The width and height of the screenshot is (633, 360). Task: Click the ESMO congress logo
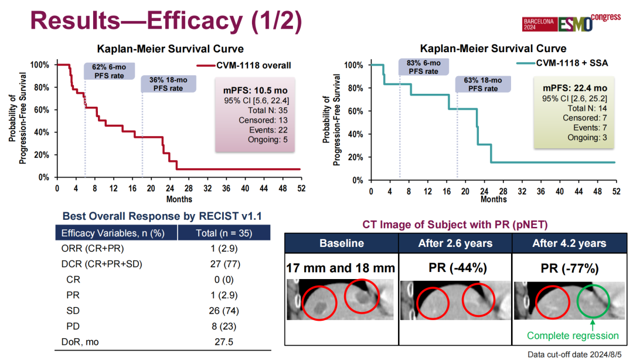(x=571, y=23)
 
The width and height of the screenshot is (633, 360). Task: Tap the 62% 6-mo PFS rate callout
(x=108, y=70)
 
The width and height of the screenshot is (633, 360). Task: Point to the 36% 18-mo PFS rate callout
(x=165, y=84)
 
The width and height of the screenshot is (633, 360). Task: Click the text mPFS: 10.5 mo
(x=254, y=91)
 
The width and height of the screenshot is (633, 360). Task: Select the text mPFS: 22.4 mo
(x=566, y=88)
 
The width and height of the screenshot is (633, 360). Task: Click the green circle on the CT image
(x=593, y=302)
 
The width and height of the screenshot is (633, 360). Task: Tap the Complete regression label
(x=573, y=336)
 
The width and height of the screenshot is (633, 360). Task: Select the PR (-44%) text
(x=455, y=269)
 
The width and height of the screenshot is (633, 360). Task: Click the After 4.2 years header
(x=569, y=243)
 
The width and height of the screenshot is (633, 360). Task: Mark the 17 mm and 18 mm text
(x=341, y=269)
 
